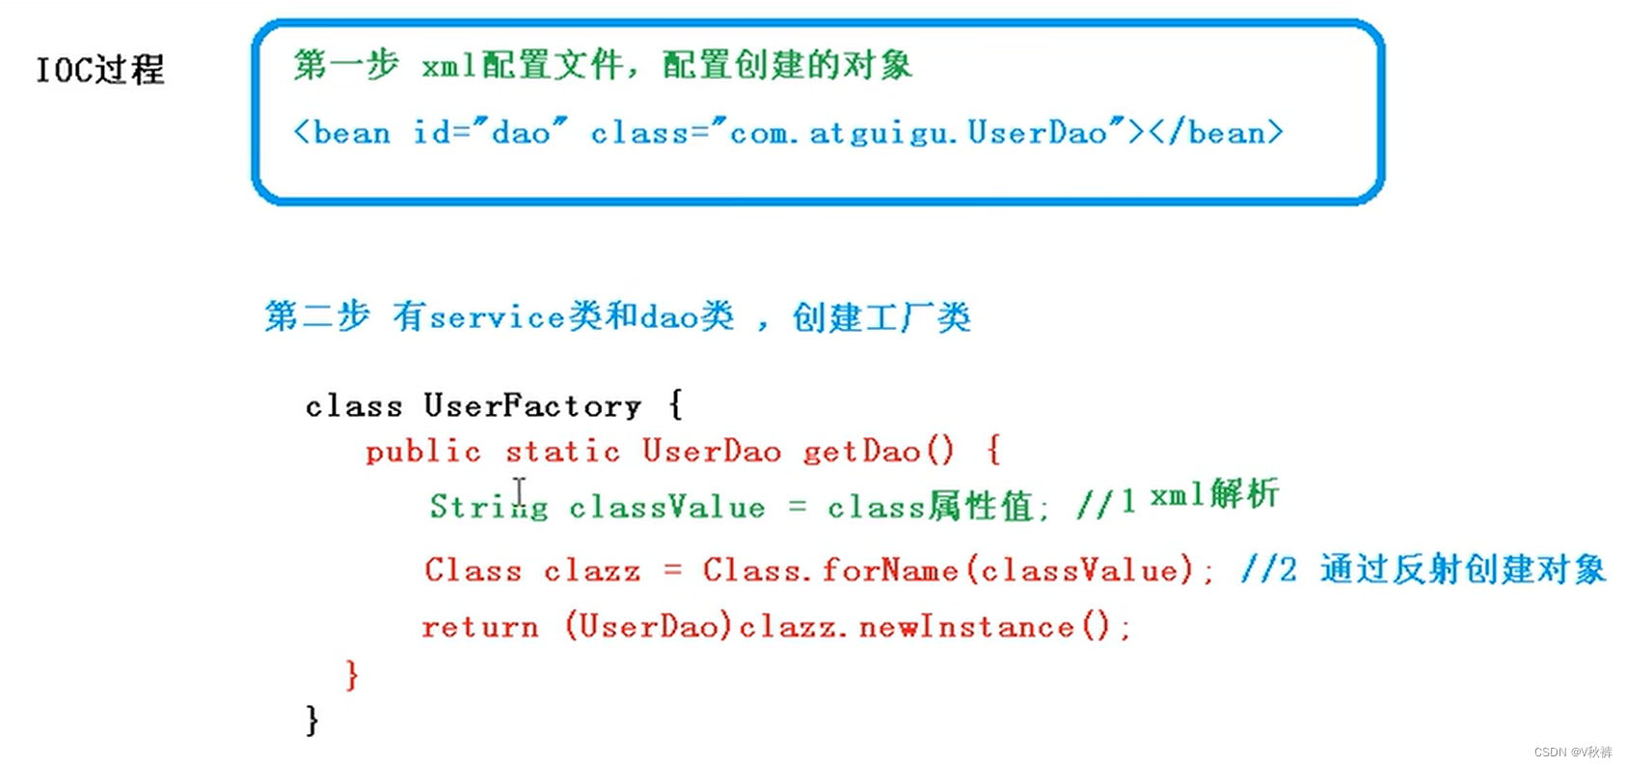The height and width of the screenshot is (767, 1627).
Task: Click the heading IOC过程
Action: (100, 69)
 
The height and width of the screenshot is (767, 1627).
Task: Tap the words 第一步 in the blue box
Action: (345, 65)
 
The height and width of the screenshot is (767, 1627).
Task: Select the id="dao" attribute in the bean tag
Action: (490, 132)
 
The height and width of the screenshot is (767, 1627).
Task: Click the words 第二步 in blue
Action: (316, 315)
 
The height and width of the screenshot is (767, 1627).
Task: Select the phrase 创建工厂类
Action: (881, 316)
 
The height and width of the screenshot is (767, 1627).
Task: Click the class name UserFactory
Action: (532, 406)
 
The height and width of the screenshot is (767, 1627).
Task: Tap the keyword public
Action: (422, 452)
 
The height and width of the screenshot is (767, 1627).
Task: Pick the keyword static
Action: (562, 452)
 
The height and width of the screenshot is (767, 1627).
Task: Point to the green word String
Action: (488, 507)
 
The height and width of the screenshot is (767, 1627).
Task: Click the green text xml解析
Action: (1214, 495)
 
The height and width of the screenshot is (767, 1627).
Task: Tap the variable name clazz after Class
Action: (591, 570)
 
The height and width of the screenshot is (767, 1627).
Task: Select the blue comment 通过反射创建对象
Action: (1462, 569)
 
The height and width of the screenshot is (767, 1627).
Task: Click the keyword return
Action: (479, 627)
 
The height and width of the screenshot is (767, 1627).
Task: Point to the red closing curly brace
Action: (352, 673)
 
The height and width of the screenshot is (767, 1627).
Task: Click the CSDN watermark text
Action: (1572, 752)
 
